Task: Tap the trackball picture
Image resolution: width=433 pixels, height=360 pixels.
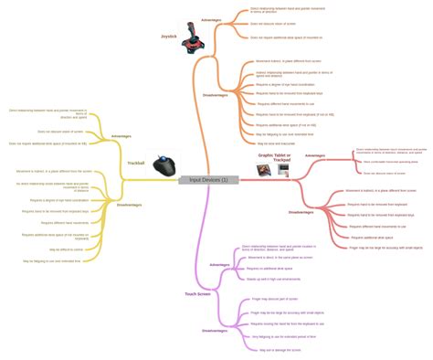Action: [x=164, y=165]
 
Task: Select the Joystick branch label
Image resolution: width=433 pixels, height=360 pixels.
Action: [x=169, y=37]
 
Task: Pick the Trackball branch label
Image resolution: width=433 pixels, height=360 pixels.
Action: [x=136, y=163]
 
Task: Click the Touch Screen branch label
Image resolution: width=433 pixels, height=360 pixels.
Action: [x=197, y=294]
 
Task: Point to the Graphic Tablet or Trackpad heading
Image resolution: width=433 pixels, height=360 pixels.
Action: [x=275, y=158]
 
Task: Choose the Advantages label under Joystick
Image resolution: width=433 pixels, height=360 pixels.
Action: [x=211, y=19]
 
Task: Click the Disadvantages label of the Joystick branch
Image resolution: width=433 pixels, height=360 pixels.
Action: [x=216, y=94]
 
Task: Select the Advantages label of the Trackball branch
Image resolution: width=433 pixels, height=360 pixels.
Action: [x=121, y=136]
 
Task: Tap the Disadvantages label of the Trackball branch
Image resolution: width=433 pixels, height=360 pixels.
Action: [x=129, y=205]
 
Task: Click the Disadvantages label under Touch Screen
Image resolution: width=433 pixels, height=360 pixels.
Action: [x=215, y=330]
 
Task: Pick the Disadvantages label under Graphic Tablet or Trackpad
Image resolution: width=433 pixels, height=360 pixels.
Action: [x=301, y=211]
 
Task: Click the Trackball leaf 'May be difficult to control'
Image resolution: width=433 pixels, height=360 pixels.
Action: [x=67, y=249]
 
